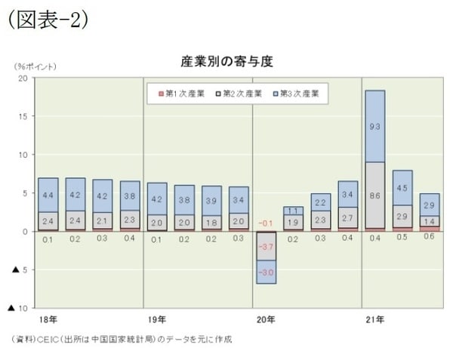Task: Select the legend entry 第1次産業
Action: click(181, 94)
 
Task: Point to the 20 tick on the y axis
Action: click(23, 78)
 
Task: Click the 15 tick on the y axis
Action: click(23, 116)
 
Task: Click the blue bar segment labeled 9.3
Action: click(374, 126)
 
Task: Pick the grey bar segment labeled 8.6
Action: click(374, 195)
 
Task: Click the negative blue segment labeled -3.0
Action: click(265, 272)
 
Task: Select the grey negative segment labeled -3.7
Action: click(265, 246)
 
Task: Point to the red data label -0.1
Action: click(265, 223)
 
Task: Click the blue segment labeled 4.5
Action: click(402, 188)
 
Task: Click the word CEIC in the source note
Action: click(47, 340)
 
